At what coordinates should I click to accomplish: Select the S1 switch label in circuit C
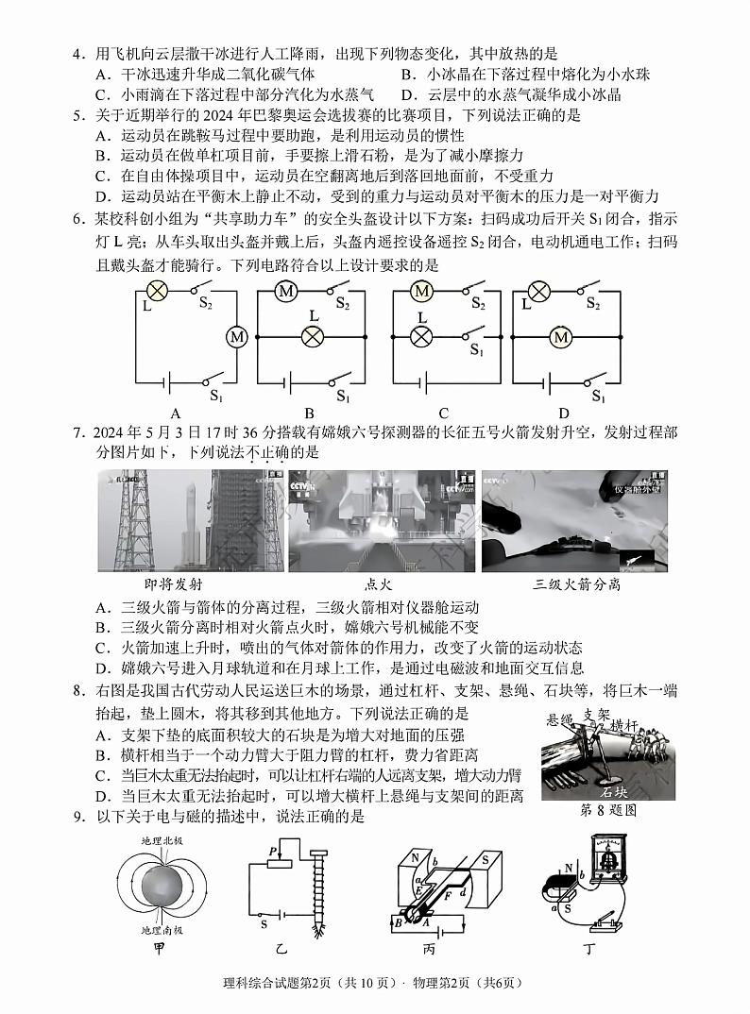pyautogui.click(x=478, y=349)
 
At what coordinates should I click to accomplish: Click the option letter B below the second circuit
pyautogui.click(x=309, y=413)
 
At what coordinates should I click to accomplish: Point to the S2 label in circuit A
pyautogui.click(x=206, y=304)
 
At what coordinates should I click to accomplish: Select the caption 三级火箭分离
pyautogui.click(x=577, y=584)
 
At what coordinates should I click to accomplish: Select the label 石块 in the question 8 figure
pyautogui.click(x=615, y=791)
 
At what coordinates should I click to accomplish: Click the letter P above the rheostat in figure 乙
pyautogui.click(x=273, y=851)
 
